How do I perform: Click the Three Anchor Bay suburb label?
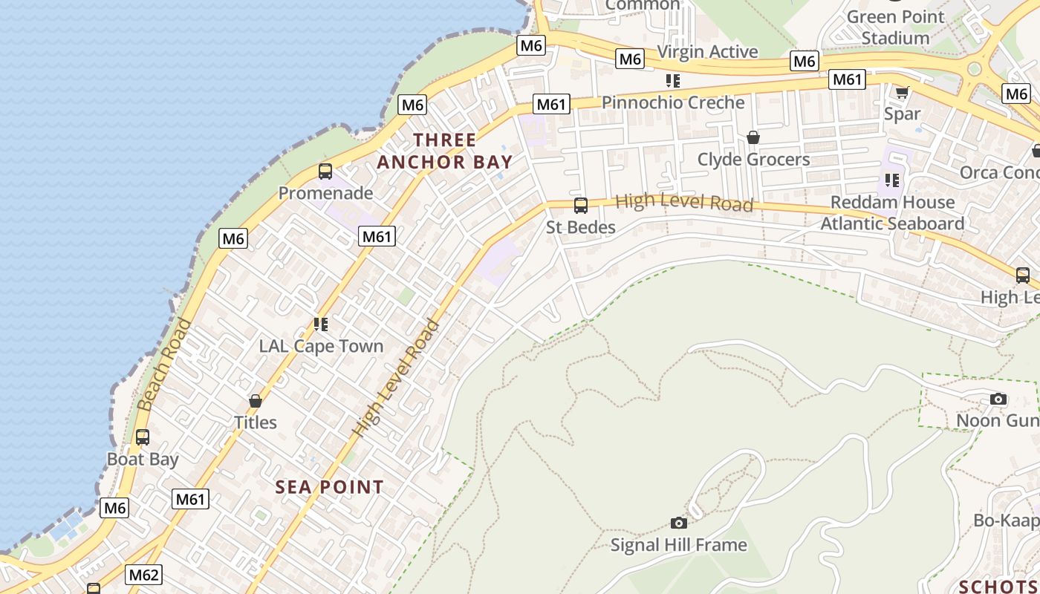(444, 151)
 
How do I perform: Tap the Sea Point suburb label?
(330, 487)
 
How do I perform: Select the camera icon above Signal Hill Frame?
(678, 523)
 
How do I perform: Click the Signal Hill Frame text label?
(678, 545)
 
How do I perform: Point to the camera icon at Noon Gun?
(998, 399)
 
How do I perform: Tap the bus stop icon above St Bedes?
(581, 206)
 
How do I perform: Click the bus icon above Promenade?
(325, 172)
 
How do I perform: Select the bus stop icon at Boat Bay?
(143, 437)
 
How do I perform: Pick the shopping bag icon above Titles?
(256, 401)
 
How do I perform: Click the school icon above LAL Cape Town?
(321, 324)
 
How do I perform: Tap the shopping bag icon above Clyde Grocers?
(753, 137)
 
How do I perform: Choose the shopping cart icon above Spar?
(902, 93)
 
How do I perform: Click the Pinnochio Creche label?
(672, 102)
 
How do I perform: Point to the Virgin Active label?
(707, 51)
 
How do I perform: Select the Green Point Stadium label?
(895, 27)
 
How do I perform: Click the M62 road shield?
(143, 575)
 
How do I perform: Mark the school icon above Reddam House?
(891, 180)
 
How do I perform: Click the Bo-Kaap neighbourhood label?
(1006, 520)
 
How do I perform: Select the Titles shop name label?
(256, 422)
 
